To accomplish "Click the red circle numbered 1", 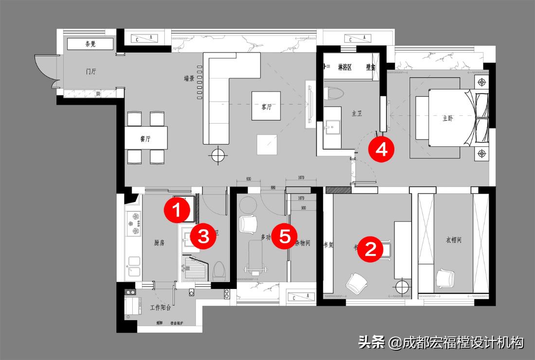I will [177, 211].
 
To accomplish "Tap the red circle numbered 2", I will [371, 250].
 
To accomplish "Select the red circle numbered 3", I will [203, 236].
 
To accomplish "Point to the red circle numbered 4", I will [381, 149].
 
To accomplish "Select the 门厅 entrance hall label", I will [91, 72].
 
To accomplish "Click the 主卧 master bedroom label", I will [447, 118].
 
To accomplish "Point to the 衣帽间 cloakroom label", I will [453, 240].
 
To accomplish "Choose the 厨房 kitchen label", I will [159, 243].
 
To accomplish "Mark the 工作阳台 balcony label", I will [160, 307].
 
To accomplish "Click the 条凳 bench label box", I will [90, 44].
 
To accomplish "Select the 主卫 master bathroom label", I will [357, 113].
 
